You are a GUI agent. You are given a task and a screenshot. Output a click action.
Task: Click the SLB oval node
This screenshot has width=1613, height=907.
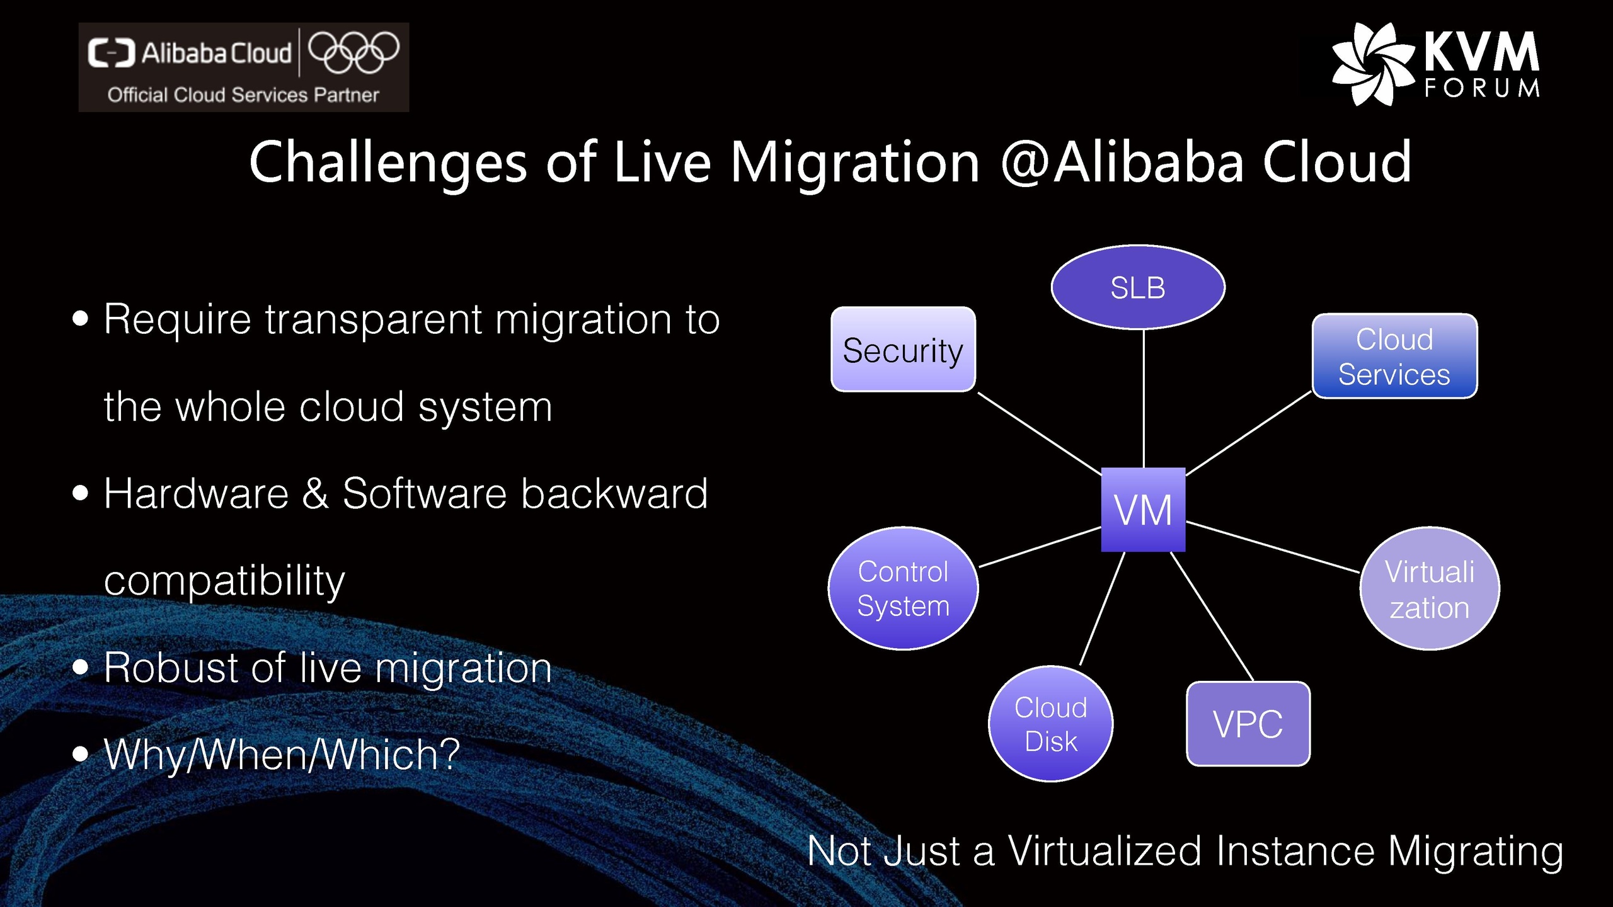1138,287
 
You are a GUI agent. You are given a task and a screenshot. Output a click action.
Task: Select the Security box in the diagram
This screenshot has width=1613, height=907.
903,350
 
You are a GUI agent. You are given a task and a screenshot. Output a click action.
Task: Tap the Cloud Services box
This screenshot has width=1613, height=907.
1394,356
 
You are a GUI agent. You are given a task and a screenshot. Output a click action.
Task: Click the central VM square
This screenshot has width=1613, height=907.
1143,510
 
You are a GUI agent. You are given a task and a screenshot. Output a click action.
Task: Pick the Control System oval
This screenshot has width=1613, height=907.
903,588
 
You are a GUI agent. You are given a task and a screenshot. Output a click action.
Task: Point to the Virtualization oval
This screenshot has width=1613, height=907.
1429,589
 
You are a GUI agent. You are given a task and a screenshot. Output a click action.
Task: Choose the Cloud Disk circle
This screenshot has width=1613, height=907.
1050,724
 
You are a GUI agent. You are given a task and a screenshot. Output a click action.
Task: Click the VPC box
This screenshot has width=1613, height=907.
1248,724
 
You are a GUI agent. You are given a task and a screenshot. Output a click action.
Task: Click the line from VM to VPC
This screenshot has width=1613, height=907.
1212,616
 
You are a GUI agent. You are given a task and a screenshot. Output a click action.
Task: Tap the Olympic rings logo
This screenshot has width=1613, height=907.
353,52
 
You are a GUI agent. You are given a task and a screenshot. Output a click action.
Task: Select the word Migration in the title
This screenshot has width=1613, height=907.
854,163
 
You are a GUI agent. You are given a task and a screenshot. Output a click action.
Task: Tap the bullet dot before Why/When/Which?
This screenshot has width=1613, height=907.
80,753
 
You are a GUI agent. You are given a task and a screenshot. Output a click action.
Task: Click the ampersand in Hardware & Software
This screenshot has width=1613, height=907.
315,493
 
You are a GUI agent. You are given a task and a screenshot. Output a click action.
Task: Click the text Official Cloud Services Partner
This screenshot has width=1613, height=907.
243,95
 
